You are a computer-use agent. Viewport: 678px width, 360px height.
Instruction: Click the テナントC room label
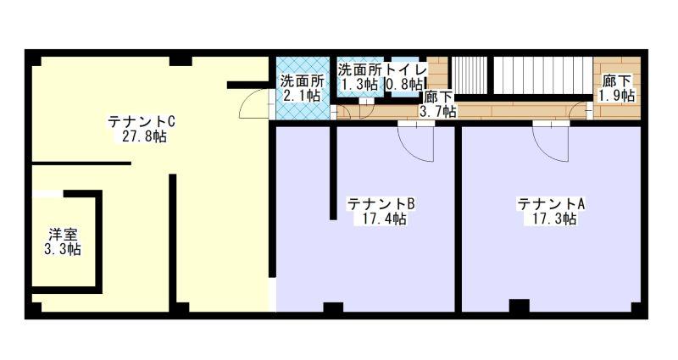click(142, 121)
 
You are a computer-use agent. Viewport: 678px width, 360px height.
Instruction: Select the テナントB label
click(381, 203)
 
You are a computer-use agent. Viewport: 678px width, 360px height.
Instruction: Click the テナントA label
click(551, 203)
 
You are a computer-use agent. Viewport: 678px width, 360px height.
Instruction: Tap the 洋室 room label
click(63, 235)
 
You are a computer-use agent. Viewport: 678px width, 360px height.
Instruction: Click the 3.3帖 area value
click(63, 249)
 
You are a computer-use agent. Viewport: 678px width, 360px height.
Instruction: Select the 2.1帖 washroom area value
click(302, 95)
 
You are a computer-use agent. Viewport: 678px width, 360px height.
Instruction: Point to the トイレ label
click(406, 69)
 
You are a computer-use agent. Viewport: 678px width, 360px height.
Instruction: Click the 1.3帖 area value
click(359, 84)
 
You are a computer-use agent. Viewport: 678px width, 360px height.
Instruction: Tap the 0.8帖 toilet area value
click(404, 84)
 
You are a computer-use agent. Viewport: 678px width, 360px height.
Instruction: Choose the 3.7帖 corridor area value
click(438, 112)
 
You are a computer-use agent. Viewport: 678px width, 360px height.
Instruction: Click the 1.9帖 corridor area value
click(617, 95)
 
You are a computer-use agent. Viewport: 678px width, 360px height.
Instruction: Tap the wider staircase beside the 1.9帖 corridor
click(543, 75)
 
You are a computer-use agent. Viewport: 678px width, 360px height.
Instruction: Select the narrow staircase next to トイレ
click(470, 75)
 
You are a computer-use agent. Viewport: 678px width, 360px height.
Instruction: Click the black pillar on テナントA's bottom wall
click(519, 306)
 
